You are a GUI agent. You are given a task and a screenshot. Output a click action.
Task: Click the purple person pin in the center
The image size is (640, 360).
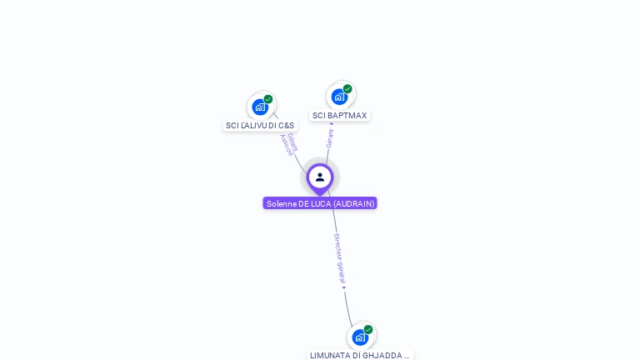pyautogui.click(x=320, y=177)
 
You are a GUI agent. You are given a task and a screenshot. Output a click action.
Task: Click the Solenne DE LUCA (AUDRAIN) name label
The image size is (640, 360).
pyautogui.click(x=320, y=203)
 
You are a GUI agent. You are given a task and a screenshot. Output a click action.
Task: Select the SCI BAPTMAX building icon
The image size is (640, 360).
pyautogui.click(x=339, y=97)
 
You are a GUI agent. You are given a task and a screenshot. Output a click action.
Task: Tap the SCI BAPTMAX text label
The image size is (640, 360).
pyautogui.click(x=339, y=116)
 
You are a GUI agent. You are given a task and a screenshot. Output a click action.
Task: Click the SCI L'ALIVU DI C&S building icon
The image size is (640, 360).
pyautogui.click(x=260, y=107)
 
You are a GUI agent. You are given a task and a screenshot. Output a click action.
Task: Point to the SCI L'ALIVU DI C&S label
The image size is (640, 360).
pyautogui.click(x=260, y=126)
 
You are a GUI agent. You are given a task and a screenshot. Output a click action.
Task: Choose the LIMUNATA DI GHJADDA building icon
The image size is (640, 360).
pyautogui.click(x=360, y=337)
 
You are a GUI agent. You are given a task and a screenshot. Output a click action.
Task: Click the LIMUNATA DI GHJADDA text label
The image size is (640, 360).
pyautogui.click(x=360, y=355)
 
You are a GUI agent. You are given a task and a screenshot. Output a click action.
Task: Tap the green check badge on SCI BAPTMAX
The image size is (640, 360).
pyautogui.click(x=347, y=89)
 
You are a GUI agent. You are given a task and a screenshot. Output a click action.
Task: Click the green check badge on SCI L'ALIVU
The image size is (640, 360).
pyautogui.click(x=268, y=99)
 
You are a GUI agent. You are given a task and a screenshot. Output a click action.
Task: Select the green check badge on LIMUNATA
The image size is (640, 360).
pyautogui.click(x=368, y=330)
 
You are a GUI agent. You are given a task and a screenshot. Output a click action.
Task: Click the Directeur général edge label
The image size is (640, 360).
pyautogui.click(x=339, y=258)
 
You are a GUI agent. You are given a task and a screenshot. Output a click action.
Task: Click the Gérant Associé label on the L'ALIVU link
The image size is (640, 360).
pyautogui.click(x=288, y=144)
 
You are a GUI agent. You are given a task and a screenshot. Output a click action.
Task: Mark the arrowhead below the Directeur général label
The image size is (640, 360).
pyautogui.click(x=343, y=287)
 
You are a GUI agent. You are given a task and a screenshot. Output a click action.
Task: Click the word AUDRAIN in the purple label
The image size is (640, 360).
pyautogui.click(x=353, y=203)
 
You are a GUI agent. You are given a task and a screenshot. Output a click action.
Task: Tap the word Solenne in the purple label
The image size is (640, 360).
pyautogui.click(x=281, y=203)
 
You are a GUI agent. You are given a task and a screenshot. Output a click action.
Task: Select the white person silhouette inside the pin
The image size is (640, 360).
pyautogui.click(x=320, y=177)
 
